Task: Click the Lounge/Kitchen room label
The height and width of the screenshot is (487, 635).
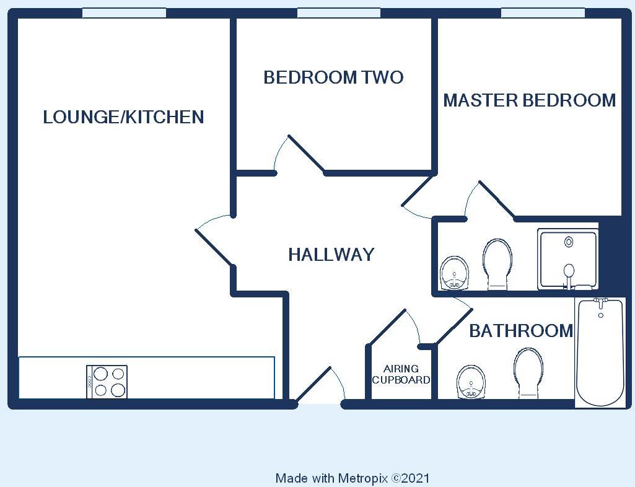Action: point(123,117)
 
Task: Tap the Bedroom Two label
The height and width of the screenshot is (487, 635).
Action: point(333,77)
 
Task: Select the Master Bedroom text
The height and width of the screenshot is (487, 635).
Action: point(529,100)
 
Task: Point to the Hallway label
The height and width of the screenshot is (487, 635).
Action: point(331,255)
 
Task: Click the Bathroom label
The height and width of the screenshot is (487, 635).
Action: point(521,331)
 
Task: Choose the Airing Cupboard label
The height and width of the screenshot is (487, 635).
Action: point(401,374)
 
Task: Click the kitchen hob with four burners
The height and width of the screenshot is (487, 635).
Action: point(107,382)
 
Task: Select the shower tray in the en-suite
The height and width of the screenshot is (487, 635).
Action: point(567,260)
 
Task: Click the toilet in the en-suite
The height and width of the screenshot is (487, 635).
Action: point(497,264)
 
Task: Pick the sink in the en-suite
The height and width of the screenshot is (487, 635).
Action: point(454,273)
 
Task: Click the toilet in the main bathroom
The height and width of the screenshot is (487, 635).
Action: point(528,373)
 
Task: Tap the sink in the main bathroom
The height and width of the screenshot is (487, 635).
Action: point(471,382)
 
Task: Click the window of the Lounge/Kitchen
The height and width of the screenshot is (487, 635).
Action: point(125,13)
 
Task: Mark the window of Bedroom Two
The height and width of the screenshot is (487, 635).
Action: point(339,13)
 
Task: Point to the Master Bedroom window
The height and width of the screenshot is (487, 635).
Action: point(543,13)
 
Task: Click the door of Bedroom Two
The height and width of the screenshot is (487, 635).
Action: point(306,154)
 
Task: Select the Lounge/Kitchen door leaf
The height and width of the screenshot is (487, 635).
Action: point(214,248)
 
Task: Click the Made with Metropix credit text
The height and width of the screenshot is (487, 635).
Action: point(353,478)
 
